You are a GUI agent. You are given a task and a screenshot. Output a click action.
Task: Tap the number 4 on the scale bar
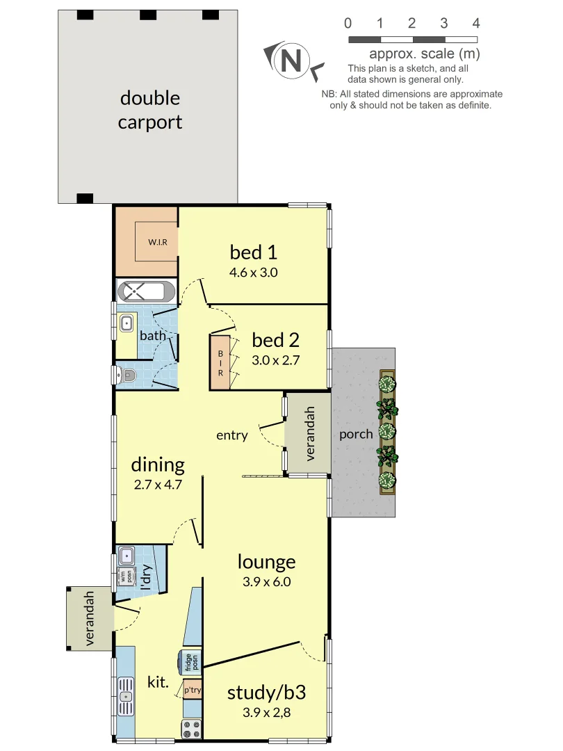coord(476,24)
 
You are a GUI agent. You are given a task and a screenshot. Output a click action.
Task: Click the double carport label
coord(149,110)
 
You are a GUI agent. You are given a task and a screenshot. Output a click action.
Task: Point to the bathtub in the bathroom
coord(146,290)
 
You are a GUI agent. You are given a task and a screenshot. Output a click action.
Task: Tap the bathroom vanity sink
coord(127,323)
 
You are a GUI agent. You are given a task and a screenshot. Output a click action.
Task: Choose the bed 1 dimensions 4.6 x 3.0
coord(253,273)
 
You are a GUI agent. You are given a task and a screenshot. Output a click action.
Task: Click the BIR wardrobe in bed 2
coord(220,362)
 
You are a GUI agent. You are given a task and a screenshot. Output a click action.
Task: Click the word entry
coord(231,435)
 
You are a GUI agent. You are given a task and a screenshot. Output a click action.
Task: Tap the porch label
coord(356,435)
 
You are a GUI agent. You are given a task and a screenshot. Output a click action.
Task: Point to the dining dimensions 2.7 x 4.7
coord(158,485)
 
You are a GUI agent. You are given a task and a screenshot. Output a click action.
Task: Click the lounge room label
coord(266,561)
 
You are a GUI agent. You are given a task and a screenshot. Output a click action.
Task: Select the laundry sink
coord(127,555)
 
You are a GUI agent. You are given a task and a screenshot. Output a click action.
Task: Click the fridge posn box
coord(188,662)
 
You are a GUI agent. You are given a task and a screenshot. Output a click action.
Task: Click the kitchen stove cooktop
coord(190,728)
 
